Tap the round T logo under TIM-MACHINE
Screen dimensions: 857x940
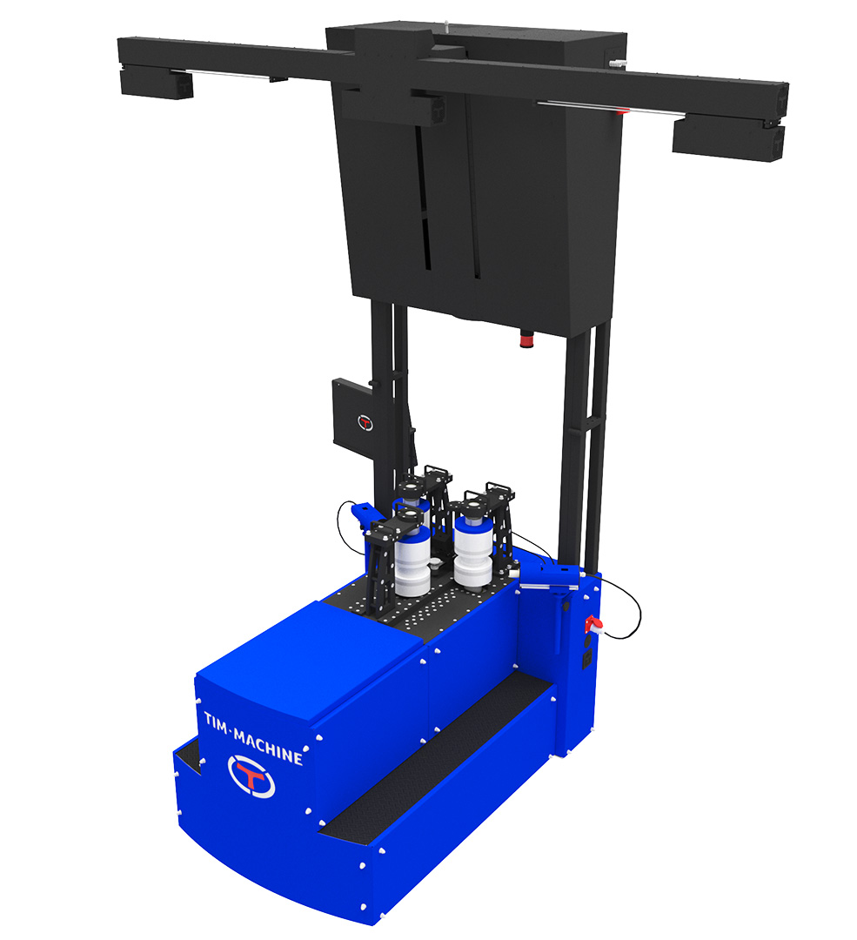251,776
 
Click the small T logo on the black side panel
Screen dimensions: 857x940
365,423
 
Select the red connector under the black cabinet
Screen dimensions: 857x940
526,339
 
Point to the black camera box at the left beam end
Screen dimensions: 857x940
157,84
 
